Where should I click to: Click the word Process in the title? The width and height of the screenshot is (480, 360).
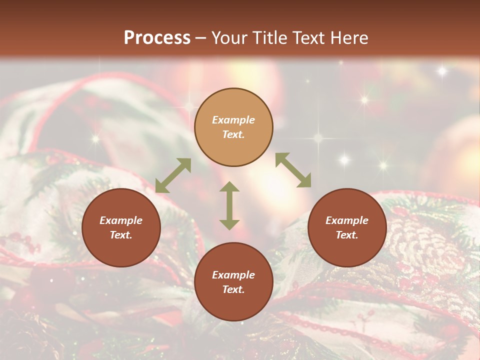coord(157,38)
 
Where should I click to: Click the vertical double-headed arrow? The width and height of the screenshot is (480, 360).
coord(229,205)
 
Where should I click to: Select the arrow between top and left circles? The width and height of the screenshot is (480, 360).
coord(173,175)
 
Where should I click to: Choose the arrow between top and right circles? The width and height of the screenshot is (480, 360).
coord(293,170)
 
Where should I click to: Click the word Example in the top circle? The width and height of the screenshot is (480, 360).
coord(233,120)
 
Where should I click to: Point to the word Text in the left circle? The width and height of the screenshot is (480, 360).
coord(121,235)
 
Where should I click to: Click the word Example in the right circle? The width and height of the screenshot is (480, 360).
coord(347,220)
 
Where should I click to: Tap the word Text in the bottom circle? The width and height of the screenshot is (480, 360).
coord(233,289)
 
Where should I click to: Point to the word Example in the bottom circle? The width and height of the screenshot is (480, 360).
coord(233,275)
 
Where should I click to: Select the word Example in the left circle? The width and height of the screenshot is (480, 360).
coord(121,220)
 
